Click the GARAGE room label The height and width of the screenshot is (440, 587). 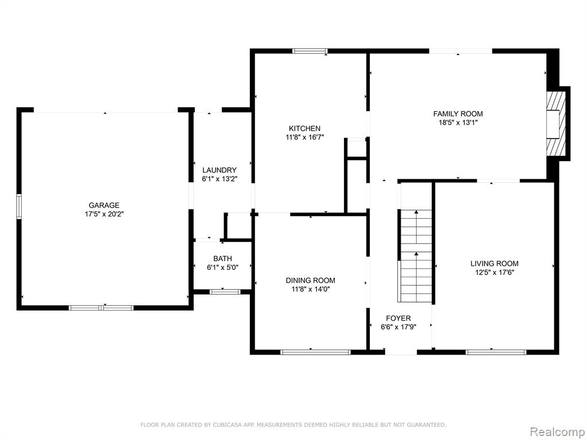104,205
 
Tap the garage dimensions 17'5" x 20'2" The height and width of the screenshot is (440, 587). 104,214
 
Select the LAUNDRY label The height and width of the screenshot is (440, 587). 220,170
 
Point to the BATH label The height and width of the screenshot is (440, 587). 223,258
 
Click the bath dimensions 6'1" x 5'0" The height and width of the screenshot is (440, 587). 223,267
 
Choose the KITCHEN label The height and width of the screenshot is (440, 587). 305,128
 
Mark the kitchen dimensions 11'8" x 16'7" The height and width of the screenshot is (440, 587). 305,137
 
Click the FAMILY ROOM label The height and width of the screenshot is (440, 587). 458,114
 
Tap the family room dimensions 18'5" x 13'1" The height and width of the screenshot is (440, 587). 458,123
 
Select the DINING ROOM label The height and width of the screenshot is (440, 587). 310,280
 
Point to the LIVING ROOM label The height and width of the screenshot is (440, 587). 495,264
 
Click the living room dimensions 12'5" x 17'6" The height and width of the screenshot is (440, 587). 495,272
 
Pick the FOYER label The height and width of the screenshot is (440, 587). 398,318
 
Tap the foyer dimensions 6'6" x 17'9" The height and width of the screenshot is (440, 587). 398,327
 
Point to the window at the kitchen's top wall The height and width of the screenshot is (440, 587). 310,51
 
